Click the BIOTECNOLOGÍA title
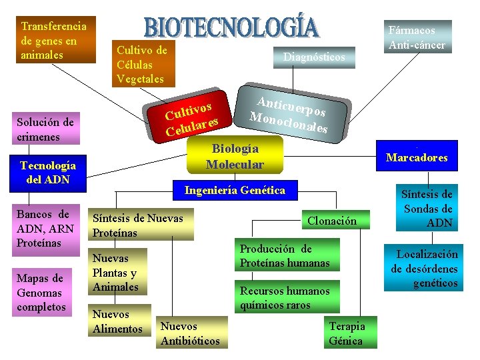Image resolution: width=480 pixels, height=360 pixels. point(232,27)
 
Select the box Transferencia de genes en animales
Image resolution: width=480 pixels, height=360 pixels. point(56,40)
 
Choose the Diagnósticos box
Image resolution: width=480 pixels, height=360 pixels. point(314,57)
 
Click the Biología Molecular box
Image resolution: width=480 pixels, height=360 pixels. point(235,156)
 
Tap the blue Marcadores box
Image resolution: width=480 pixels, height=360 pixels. point(417,158)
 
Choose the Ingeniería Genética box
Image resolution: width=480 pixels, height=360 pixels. point(235,191)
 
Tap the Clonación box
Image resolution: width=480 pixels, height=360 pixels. point(332,221)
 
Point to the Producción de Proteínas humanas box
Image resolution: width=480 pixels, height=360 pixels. point(285,256)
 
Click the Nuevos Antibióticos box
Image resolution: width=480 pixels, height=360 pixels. point(190,333)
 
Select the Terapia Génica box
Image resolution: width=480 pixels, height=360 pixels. point(347,333)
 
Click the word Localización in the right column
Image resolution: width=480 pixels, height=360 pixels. point(427,254)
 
